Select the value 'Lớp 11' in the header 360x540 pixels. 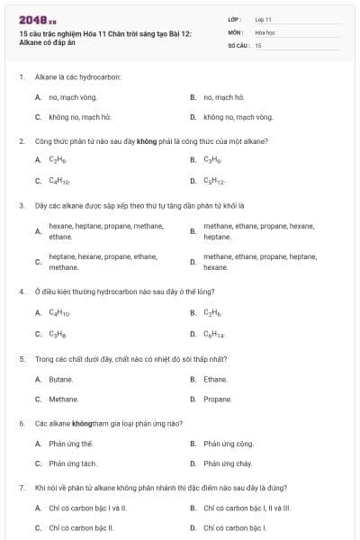263,19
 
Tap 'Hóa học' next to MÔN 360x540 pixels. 265,31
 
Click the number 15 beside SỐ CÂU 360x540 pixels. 258,44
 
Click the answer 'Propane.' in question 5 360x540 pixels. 218,400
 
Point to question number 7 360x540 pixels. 21,488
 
